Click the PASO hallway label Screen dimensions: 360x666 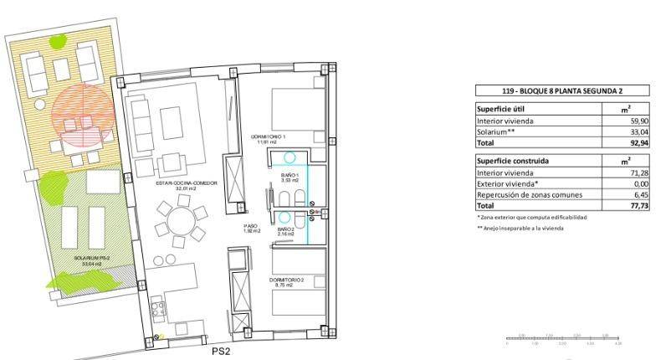(252, 227)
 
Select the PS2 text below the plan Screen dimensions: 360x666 (221, 352)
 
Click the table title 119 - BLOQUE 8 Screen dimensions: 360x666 (562, 90)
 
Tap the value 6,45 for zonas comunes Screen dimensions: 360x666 (639, 194)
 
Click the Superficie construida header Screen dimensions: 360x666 (517, 160)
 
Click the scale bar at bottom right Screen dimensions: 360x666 (563, 339)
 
